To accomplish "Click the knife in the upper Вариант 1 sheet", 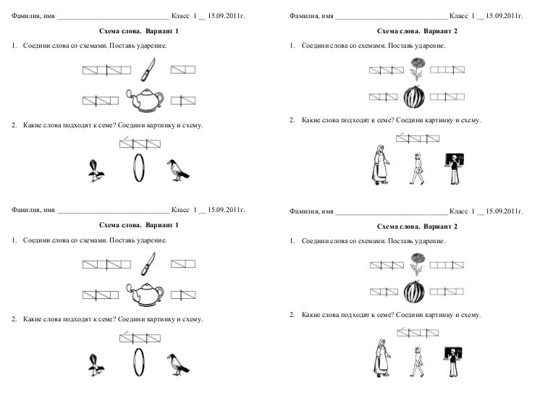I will click(x=147, y=70).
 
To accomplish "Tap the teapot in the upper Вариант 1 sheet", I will click(x=142, y=100).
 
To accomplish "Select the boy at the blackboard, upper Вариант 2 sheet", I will click(x=453, y=166).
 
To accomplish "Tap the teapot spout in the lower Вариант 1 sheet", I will click(x=130, y=291).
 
